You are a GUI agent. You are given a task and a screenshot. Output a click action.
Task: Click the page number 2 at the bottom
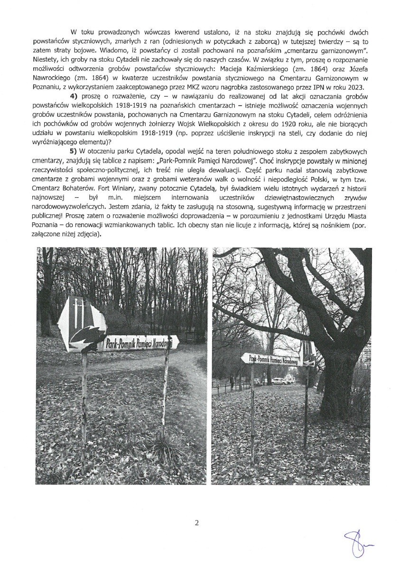(x=196, y=523)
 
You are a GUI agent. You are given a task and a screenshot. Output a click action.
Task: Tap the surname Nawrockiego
(x=52, y=77)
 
